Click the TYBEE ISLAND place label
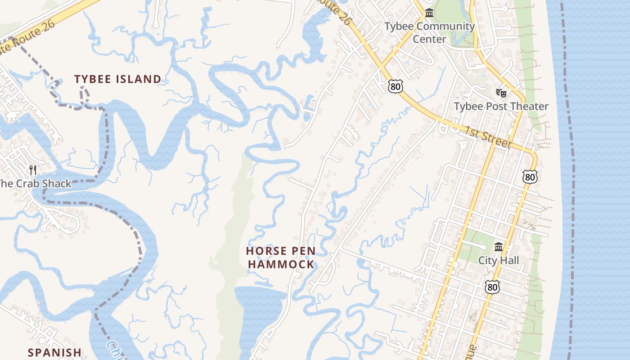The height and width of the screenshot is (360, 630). pyautogui.click(x=117, y=79)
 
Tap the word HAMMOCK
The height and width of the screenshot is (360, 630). pyautogui.click(x=281, y=264)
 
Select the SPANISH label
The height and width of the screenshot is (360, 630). pyautogui.click(x=54, y=352)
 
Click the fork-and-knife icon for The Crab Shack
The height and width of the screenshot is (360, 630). pyautogui.click(x=33, y=170)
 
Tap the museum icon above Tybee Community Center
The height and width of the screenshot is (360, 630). pyautogui.click(x=429, y=13)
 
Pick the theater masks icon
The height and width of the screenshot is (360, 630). pyautogui.click(x=501, y=93)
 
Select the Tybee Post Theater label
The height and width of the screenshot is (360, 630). pyautogui.click(x=501, y=106)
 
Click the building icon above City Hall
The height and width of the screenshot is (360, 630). pyautogui.click(x=498, y=247)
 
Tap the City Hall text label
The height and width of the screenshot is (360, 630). pyautogui.click(x=498, y=260)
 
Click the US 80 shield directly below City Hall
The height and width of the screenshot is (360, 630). pyautogui.click(x=492, y=287)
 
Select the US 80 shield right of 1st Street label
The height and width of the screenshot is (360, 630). pyautogui.click(x=530, y=177)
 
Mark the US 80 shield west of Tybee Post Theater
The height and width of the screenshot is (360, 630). pyautogui.click(x=394, y=86)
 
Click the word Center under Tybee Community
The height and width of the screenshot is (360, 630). pyautogui.click(x=429, y=39)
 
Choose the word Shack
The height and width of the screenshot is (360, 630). pyautogui.click(x=56, y=184)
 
